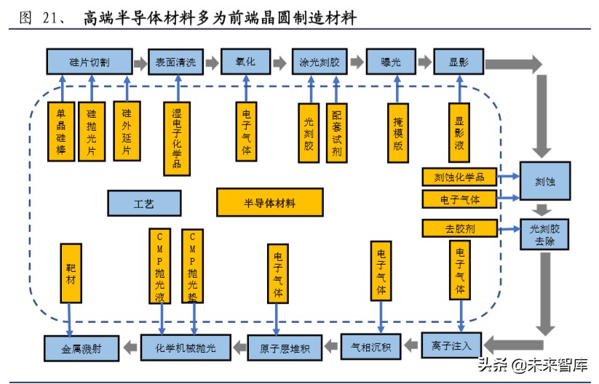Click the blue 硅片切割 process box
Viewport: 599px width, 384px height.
pyautogui.click(x=89, y=62)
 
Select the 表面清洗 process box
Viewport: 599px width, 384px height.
pyautogui.click(x=175, y=62)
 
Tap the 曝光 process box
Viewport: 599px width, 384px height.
pyautogui.click(x=390, y=62)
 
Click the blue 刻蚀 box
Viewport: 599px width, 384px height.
pyautogui.click(x=544, y=182)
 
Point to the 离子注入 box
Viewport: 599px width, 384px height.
pyautogui.click(x=451, y=344)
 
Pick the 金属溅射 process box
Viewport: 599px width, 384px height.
pyautogui.click(x=81, y=348)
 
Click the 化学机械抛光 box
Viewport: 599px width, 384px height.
pyautogui.click(x=186, y=347)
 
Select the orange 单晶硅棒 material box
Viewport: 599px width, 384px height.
pyautogui.click(x=61, y=131)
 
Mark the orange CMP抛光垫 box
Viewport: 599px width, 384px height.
pyautogui.click(x=193, y=266)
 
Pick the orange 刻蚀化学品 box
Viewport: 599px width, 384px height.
pyautogui.click(x=459, y=177)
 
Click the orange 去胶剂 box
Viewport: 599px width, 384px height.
pyautogui.click(x=459, y=228)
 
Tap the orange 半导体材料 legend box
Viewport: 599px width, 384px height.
pyautogui.click(x=269, y=203)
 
